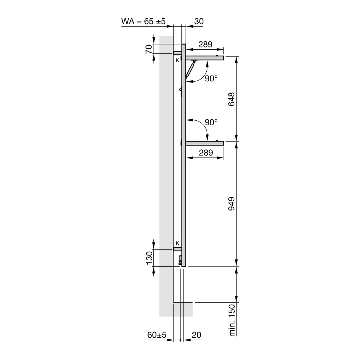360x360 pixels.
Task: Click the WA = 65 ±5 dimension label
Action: (x=143, y=21)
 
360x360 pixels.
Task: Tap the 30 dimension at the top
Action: (x=199, y=21)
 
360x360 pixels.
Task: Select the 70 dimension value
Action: (x=148, y=49)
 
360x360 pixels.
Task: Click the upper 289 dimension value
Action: (x=205, y=45)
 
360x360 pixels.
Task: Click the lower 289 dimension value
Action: (x=205, y=153)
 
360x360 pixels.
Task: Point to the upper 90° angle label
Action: (x=211, y=79)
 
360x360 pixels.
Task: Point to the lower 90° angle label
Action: (x=211, y=122)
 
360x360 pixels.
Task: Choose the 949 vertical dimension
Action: (x=231, y=204)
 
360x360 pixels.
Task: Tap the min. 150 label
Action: (x=232, y=320)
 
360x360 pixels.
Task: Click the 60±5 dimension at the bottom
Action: (x=157, y=335)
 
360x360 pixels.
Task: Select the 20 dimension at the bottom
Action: (x=196, y=335)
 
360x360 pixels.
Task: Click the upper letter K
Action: (x=177, y=60)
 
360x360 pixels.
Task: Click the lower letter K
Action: (x=177, y=243)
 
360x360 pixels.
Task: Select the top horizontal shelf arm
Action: (x=204, y=58)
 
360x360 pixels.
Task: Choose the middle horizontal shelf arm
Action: (x=204, y=143)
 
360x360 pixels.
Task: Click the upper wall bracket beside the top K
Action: (x=177, y=53)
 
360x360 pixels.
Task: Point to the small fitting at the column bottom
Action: (x=180, y=260)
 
